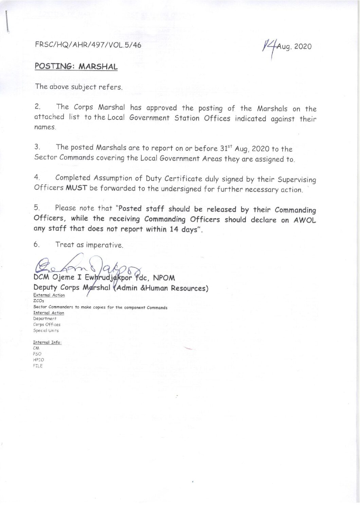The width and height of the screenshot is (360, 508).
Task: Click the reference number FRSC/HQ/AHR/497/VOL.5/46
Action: pos(88,45)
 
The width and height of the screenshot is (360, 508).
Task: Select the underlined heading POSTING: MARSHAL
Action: pos(76,66)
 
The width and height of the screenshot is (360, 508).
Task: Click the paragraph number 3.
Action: pos(37,147)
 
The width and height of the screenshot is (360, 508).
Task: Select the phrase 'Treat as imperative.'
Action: pos(89,245)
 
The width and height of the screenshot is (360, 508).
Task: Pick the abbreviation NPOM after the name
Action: pos(164,278)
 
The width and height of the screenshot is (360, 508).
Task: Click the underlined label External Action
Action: pos(49,295)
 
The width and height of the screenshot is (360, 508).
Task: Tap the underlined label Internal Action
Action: pos(49,313)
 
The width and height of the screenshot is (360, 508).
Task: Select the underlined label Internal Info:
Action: pos(47,342)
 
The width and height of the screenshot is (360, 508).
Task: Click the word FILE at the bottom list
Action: pos(38,366)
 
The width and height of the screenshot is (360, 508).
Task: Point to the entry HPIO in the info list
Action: pos(38,360)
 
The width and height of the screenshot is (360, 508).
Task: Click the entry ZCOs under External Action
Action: pos(38,301)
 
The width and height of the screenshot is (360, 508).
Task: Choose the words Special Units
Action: pos(46,331)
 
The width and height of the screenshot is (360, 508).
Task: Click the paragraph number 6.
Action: pos(37,244)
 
